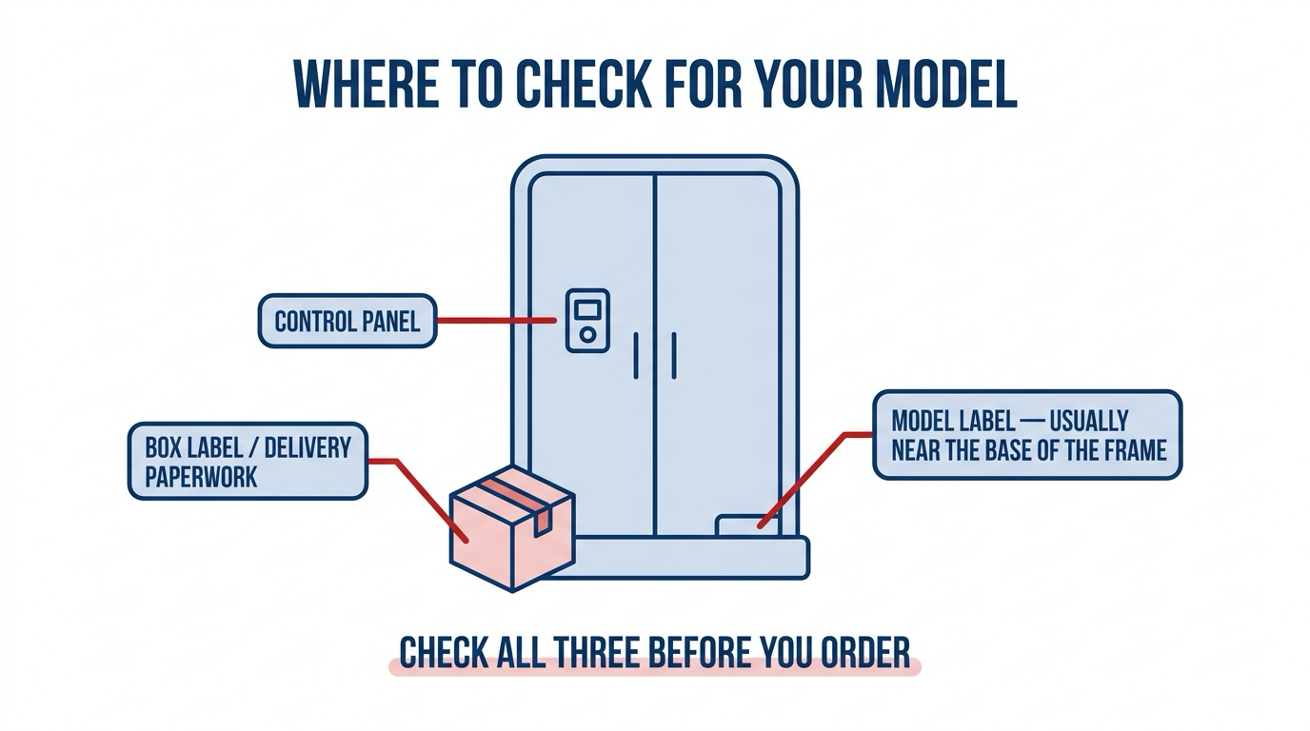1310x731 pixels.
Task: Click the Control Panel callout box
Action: point(347,321)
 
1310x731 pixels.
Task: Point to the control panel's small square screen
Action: point(587,309)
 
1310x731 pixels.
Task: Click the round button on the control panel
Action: point(587,335)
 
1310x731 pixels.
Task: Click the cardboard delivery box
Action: point(512,528)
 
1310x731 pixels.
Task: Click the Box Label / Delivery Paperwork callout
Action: point(248,461)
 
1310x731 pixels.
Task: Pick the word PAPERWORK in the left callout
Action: point(201,477)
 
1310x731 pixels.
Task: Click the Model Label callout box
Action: point(1027,435)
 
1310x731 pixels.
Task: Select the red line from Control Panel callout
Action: point(496,321)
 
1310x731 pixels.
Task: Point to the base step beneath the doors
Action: point(691,558)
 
